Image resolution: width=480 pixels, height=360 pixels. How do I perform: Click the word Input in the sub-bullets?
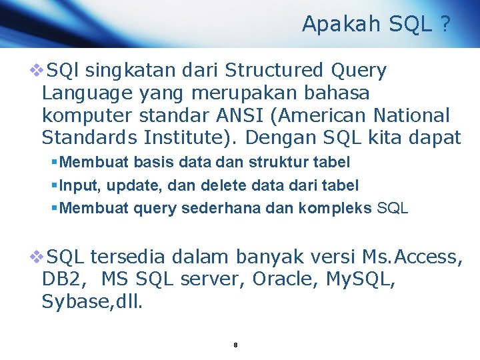[73, 185]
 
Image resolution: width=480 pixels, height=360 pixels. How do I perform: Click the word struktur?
[278, 162]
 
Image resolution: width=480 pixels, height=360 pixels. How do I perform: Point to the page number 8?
[236, 345]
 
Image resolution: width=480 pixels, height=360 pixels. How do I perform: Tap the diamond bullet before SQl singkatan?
[35, 70]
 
